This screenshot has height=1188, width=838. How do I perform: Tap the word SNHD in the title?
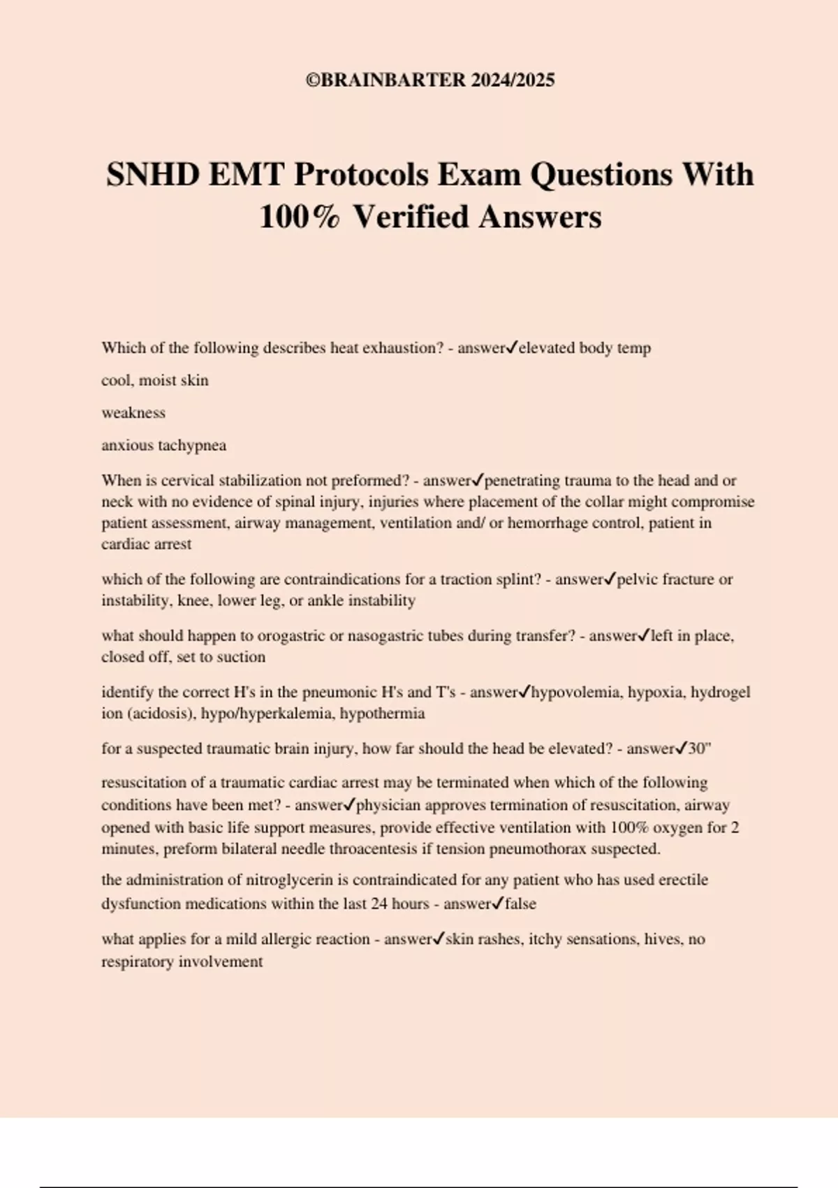pyautogui.click(x=152, y=175)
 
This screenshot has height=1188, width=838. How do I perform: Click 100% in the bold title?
pyautogui.click(x=300, y=217)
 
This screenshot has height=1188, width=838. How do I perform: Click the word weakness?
pyautogui.click(x=133, y=413)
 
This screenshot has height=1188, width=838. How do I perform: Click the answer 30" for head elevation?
pyautogui.click(x=699, y=749)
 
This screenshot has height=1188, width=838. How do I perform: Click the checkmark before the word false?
pyautogui.click(x=497, y=904)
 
